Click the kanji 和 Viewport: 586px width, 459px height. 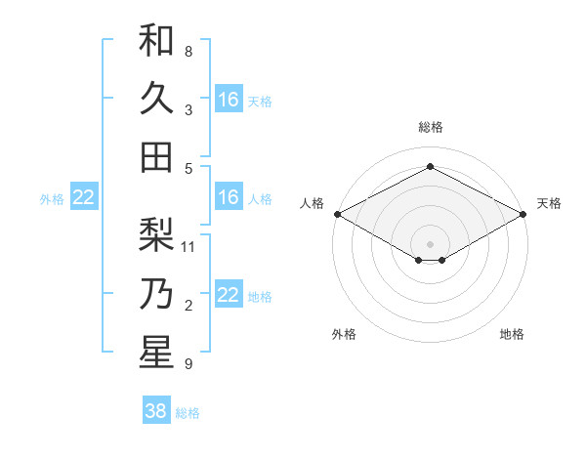[156, 40]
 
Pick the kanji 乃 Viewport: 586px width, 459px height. [156, 294]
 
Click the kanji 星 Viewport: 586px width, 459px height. [156, 353]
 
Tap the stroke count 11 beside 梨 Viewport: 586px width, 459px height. [189, 247]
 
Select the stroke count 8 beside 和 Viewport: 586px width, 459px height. [188, 51]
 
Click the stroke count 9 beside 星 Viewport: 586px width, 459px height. [188, 364]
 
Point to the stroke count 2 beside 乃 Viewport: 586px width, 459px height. [188, 306]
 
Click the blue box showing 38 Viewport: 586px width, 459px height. [156, 411]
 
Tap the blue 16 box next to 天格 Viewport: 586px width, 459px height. [229, 100]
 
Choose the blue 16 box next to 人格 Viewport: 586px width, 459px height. [229, 197]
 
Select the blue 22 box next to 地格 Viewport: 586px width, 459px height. [229, 295]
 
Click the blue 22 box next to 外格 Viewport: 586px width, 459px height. [84, 197]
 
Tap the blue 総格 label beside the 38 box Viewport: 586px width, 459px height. [188, 413]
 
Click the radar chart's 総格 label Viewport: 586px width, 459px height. [430, 127]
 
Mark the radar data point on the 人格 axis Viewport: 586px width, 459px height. [337, 214]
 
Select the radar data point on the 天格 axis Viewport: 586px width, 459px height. [523, 214]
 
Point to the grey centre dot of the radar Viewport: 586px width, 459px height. [430, 242]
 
